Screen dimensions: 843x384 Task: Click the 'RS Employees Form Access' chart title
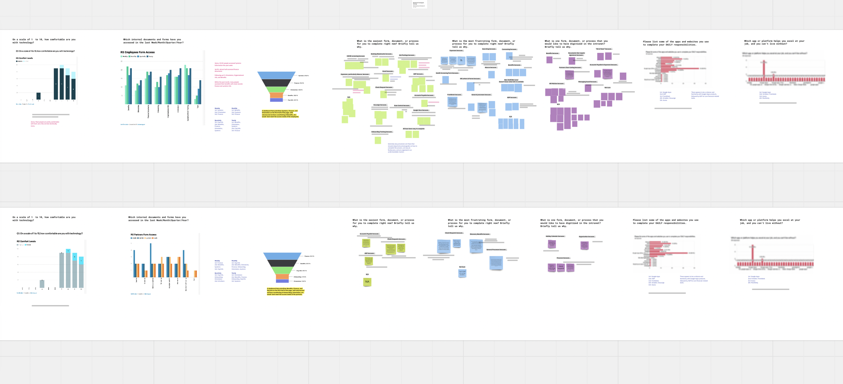[138, 53]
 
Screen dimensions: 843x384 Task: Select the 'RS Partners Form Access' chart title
[143, 235]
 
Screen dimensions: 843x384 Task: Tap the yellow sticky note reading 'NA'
[367, 282]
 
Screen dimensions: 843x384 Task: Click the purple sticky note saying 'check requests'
[561, 267]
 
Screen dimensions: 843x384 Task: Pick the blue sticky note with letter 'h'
[461, 61]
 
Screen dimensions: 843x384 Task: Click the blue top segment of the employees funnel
[277, 75]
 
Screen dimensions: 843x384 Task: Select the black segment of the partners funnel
[282, 263]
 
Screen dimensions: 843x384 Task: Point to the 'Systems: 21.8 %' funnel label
[303, 76]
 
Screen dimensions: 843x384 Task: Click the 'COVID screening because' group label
[355, 56]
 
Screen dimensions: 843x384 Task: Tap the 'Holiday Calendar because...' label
[555, 236]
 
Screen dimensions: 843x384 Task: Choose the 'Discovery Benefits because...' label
[480, 234]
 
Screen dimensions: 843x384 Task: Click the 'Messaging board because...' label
[588, 82]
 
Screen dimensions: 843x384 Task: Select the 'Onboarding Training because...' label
[382, 132]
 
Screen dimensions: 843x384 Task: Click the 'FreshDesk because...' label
[455, 95]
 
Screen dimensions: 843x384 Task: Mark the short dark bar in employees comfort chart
[38, 96]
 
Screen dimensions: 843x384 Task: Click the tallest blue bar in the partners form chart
[151, 259]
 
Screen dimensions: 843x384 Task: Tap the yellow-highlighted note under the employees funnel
[280, 114]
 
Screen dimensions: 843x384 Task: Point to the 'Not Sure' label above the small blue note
[462, 267]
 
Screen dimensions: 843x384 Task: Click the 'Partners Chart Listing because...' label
[570, 68]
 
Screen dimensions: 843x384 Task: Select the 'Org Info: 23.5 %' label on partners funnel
[301, 271]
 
